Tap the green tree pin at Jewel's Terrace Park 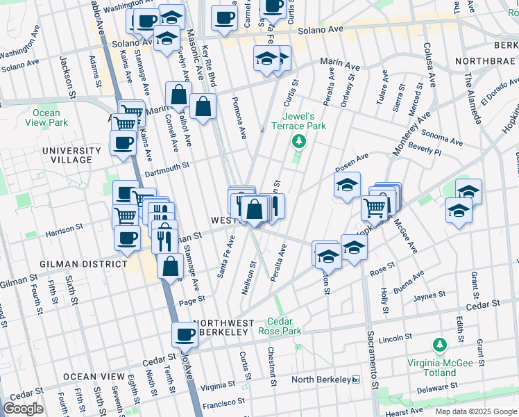(299, 142)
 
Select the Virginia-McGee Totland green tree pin (439, 345)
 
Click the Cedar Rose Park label (284, 327)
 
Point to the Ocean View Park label (46, 117)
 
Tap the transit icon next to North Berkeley (356, 379)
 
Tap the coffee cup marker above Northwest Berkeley (185, 335)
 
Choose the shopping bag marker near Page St (171, 266)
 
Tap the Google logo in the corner (24, 409)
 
